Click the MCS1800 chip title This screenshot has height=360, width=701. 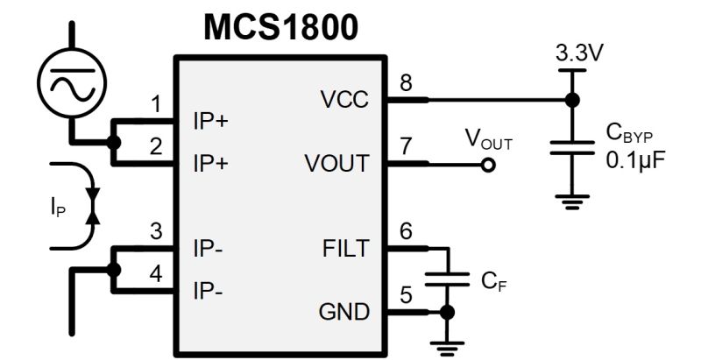coord(280,27)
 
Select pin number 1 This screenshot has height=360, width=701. coord(155,105)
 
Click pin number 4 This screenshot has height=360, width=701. coord(155,273)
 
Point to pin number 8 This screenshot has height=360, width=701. coord(405,84)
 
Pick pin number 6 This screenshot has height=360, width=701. coord(405,231)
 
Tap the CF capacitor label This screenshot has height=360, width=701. coord(493,282)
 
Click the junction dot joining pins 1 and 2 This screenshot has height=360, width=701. coord(114,143)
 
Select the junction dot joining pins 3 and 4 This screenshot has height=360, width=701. coord(114,269)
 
